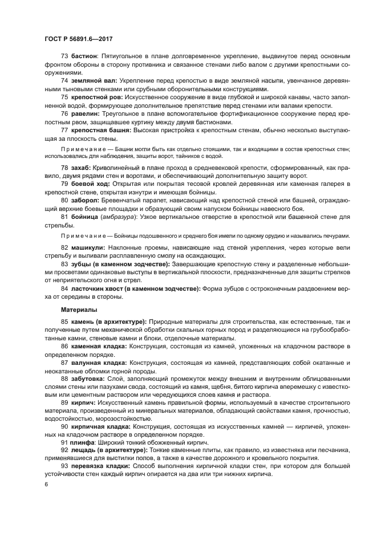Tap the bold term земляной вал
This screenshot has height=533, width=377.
[91, 81]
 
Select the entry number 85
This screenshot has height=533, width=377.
[64, 323]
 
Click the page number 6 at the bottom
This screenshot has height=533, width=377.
[46, 484]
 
